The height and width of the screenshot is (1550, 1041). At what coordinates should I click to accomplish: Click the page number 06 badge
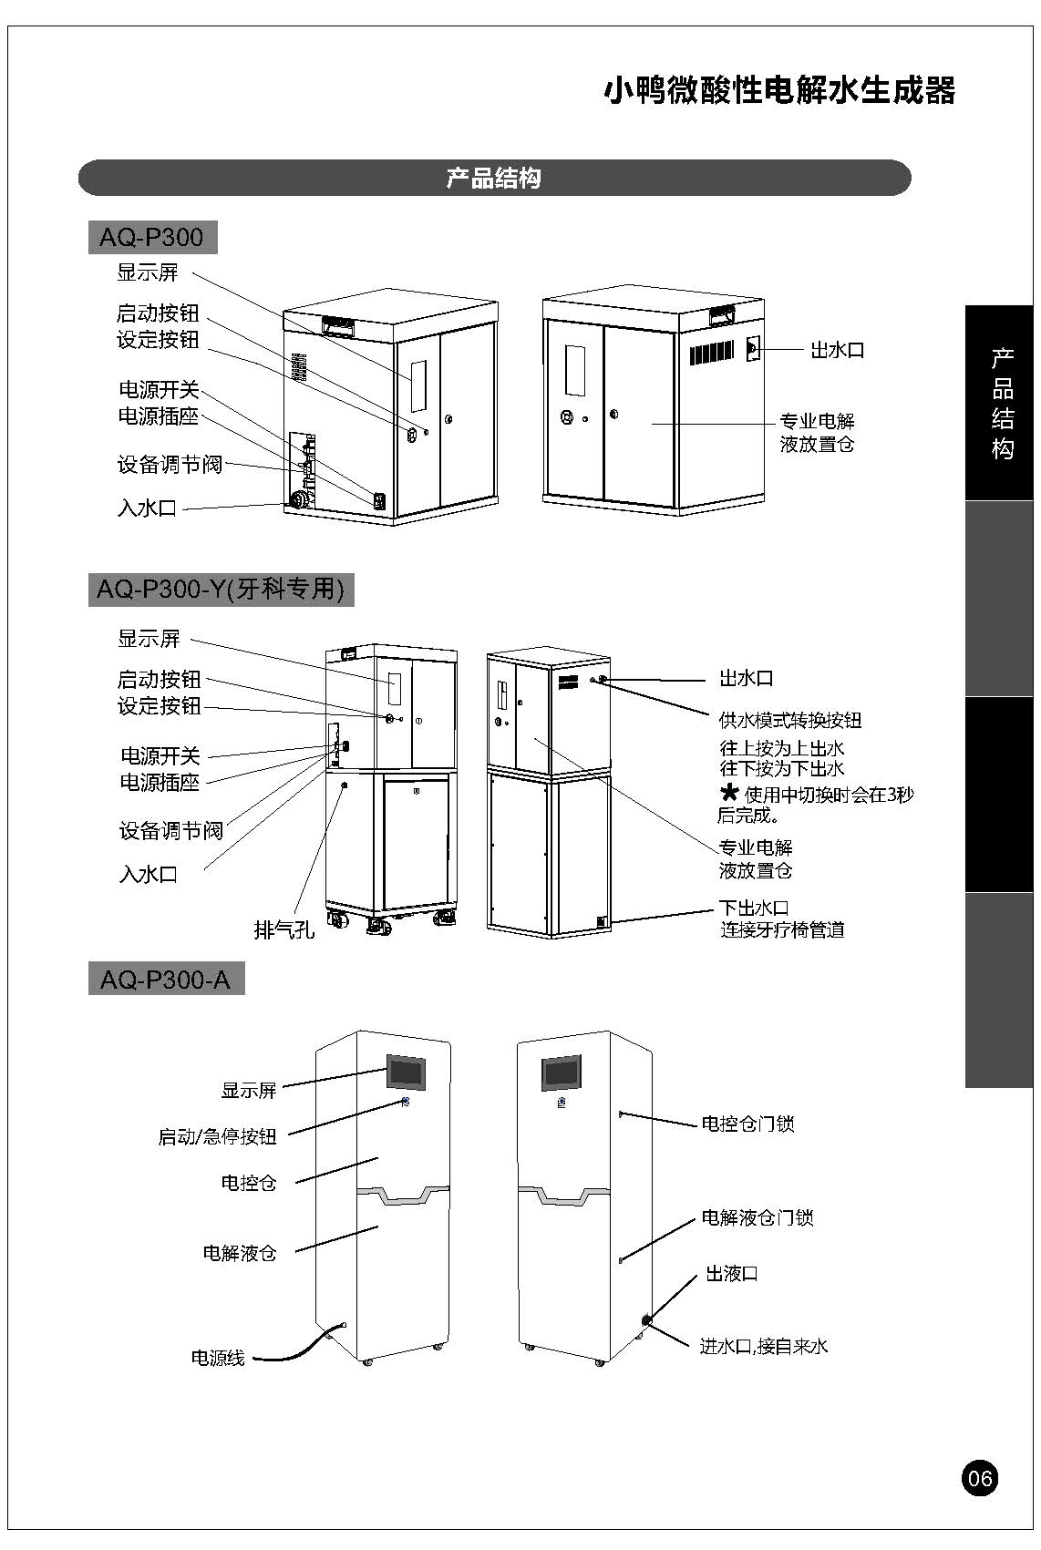click(979, 1477)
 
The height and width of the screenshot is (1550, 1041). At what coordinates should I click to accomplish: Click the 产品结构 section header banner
click(494, 178)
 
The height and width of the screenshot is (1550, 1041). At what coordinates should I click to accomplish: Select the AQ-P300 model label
click(151, 238)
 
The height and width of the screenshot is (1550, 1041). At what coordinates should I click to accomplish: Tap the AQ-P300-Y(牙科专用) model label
click(221, 590)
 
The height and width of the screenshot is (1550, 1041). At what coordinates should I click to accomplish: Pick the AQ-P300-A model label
click(165, 980)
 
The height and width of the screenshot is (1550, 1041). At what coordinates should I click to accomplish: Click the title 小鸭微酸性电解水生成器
click(779, 91)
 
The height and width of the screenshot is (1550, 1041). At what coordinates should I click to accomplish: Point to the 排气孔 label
click(283, 929)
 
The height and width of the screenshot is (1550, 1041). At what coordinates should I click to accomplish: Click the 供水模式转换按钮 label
click(789, 720)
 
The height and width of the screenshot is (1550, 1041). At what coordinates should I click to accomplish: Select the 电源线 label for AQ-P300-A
click(218, 1358)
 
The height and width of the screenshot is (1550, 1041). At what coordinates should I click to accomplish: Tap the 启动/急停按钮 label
click(217, 1136)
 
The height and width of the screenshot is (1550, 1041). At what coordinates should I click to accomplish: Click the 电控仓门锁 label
click(747, 1124)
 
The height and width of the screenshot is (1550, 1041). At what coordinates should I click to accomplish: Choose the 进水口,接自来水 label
click(763, 1346)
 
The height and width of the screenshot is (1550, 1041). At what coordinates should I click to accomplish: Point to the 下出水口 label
click(754, 908)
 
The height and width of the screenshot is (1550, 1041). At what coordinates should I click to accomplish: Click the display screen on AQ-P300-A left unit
click(407, 1072)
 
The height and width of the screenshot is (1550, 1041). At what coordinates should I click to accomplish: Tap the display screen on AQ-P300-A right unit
click(562, 1073)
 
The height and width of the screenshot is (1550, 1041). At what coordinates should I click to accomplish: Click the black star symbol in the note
click(728, 792)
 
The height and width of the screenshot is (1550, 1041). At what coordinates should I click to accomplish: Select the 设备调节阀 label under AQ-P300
click(170, 464)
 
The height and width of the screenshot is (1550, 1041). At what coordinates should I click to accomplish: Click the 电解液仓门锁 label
click(757, 1217)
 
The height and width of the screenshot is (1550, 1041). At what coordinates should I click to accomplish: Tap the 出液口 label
click(732, 1273)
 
